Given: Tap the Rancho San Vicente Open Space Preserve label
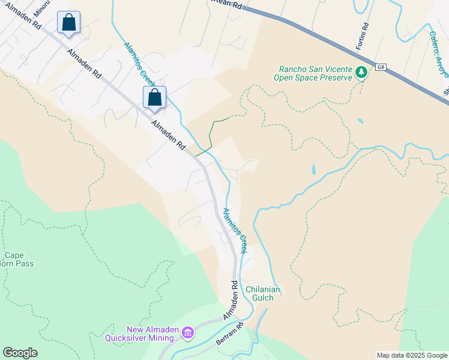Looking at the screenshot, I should (312, 73).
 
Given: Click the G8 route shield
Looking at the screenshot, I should (381, 67).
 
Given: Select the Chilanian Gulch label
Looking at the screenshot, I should (263, 293).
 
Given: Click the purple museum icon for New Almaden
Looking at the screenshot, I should (188, 332).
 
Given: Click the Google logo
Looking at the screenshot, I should (20, 353).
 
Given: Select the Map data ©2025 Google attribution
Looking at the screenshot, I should (411, 355).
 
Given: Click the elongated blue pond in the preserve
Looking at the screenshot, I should (313, 169).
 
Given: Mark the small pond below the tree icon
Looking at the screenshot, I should (360, 121).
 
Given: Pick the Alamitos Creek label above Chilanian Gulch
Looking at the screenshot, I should (235, 230).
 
